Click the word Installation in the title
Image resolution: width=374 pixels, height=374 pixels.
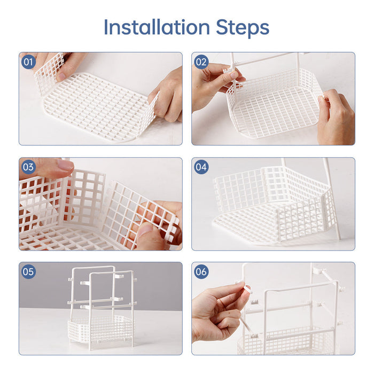click(157, 27)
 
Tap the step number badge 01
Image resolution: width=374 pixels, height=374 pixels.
click(28, 62)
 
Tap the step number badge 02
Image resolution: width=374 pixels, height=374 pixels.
click(201, 62)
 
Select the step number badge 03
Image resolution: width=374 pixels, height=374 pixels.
click(28, 167)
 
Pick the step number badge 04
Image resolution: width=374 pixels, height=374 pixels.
click(201, 167)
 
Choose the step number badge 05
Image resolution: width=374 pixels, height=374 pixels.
click(28, 272)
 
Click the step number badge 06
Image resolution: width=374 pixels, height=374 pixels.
click(201, 272)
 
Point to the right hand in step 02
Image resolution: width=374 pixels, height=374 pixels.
click(335, 115)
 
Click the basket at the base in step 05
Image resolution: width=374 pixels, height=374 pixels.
click(100, 326)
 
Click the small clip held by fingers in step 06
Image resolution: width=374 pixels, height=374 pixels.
click(247, 289)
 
